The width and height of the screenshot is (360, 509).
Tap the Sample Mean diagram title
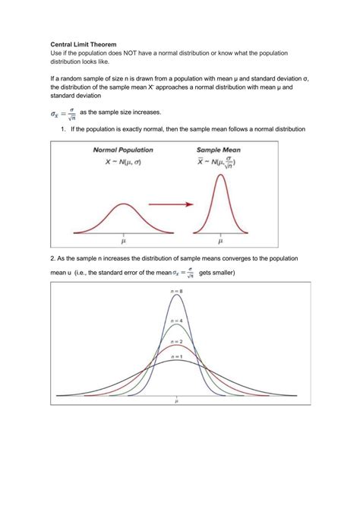[x=219, y=150]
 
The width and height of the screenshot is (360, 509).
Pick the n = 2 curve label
[x=177, y=342]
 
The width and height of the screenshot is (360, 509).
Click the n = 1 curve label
[x=177, y=356]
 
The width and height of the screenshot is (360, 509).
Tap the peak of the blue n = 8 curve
[x=177, y=296]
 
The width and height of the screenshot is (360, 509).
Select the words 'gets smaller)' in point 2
[x=217, y=273]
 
